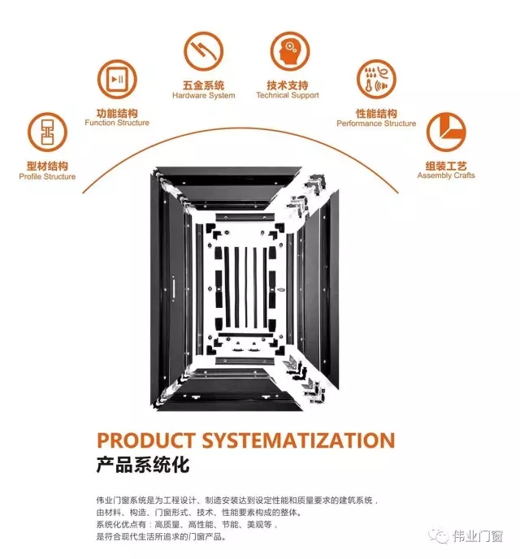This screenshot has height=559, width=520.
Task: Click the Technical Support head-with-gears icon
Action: (289, 51)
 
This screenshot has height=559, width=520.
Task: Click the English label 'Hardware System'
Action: (203, 96)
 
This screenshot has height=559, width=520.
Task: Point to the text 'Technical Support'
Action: (288, 95)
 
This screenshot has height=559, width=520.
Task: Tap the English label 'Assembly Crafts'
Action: (446, 175)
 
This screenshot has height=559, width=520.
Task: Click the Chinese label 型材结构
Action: (47, 166)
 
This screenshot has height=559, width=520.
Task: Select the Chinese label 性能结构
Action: (376, 114)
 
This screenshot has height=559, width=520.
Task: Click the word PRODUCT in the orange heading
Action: (145, 440)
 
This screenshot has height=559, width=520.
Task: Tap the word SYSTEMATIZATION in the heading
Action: (299, 440)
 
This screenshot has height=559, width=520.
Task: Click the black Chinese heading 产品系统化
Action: (142, 466)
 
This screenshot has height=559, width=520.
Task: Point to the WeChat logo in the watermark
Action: (439, 535)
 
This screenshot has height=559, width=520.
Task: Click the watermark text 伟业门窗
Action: (478, 535)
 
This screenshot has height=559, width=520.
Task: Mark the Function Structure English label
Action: (117, 123)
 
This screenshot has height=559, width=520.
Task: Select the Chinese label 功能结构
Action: (117, 114)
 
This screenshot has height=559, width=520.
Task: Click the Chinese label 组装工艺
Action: (446, 166)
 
